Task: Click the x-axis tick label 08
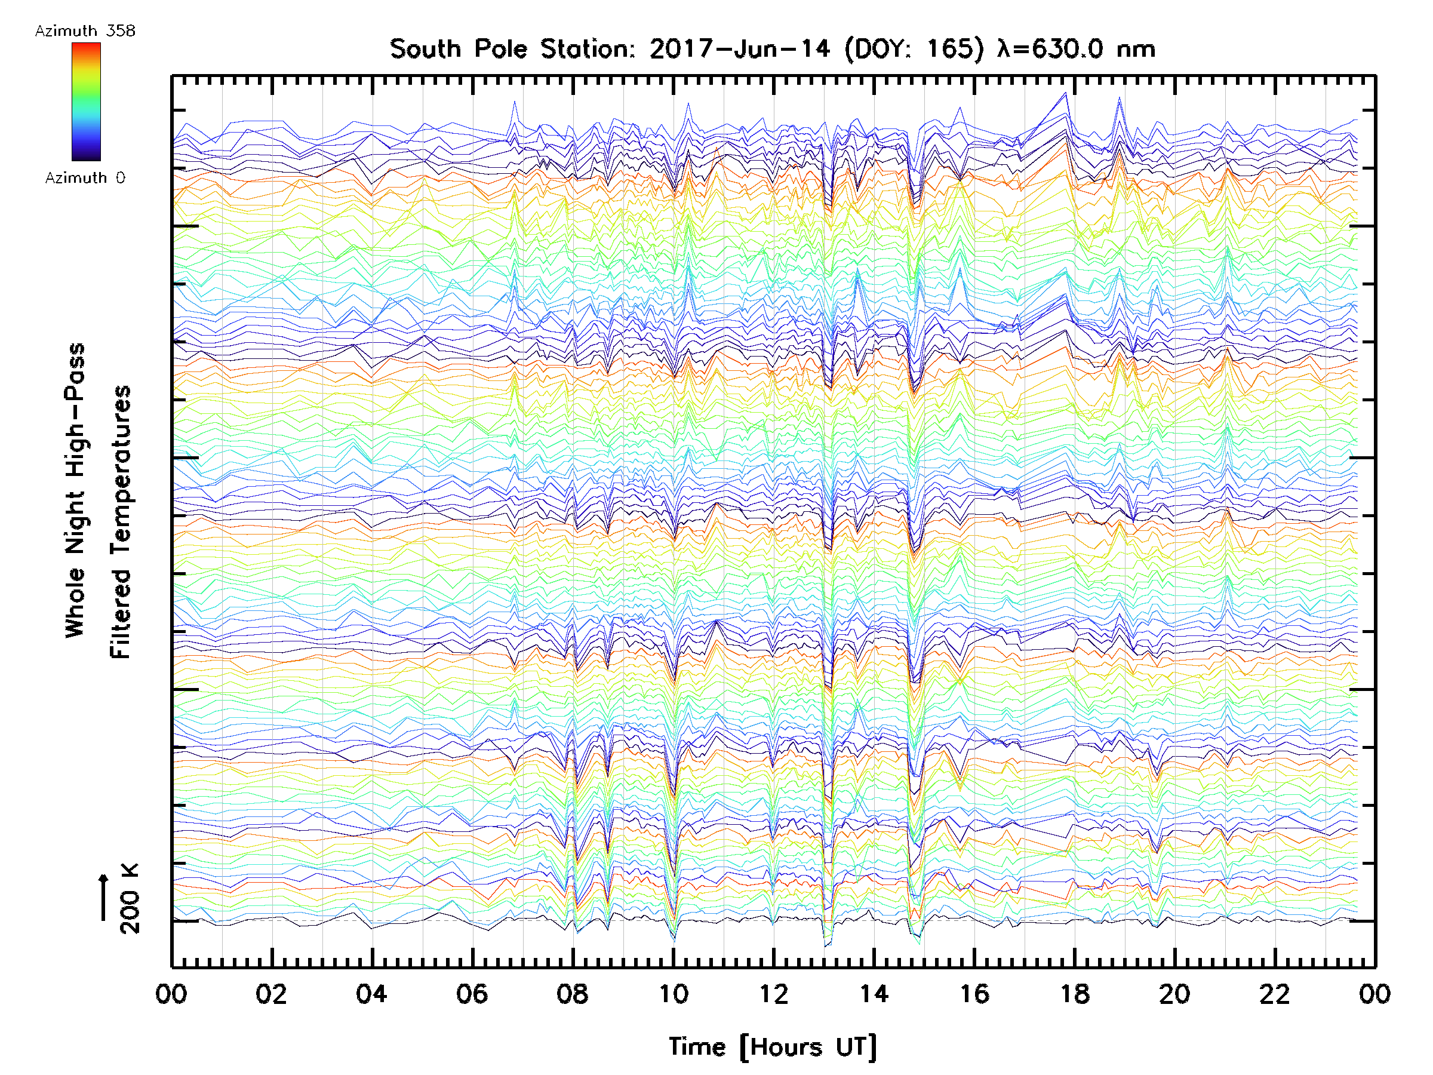click(x=572, y=994)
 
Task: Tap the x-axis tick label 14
click(x=874, y=994)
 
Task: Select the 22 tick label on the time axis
click(x=1274, y=994)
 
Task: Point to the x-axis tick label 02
click(x=271, y=994)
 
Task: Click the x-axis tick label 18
click(x=1074, y=994)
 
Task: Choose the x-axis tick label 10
click(x=673, y=994)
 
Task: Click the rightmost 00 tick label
click(x=1374, y=994)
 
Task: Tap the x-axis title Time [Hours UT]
click(x=772, y=1047)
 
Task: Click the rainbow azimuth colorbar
click(x=86, y=101)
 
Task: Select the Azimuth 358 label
click(x=85, y=31)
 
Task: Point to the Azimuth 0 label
click(x=85, y=177)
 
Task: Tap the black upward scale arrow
click(x=103, y=897)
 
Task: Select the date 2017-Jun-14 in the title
click(x=739, y=49)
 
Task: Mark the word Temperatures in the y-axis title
click(x=121, y=523)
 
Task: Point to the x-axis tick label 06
click(x=472, y=994)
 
